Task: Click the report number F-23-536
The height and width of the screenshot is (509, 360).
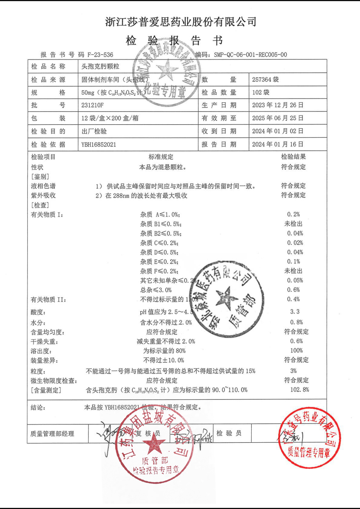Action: pyautogui.click(x=100, y=55)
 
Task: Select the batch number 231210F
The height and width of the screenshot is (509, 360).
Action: pyautogui.click(x=92, y=105)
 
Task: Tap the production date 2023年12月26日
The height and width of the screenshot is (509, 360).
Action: pyautogui.click(x=277, y=105)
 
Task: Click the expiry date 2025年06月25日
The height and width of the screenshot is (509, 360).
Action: pyautogui.click(x=277, y=118)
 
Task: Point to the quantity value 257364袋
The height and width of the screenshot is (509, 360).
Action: pyautogui.click(x=265, y=79)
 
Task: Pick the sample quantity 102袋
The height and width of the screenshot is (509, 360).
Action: pyautogui.click(x=260, y=92)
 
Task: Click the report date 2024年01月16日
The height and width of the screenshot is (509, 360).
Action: pyautogui.click(x=277, y=144)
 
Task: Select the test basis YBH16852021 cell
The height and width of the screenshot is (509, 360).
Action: pyautogui.click(x=99, y=144)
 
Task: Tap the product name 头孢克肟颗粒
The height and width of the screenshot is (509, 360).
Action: pyautogui.click(x=100, y=66)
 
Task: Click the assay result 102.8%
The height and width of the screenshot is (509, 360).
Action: pyautogui.click(x=299, y=390)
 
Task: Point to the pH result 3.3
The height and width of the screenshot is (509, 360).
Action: pyautogui.click(x=295, y=312)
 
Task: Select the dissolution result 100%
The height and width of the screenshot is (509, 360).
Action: pyautogui.click(x=296, y=351)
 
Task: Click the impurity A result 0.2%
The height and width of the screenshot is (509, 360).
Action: pyautogui.click(x=293, y=214)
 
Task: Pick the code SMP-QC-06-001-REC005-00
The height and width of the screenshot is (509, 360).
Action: pyautogui.click(x=250, y=55)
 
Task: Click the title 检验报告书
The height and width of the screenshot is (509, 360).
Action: pyautogui.click(x=174, y=40)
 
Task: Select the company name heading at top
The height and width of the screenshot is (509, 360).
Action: pyautogui.click(x=181, y=22)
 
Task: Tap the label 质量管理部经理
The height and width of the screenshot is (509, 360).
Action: pyautogui.click(x=52, y=434)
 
